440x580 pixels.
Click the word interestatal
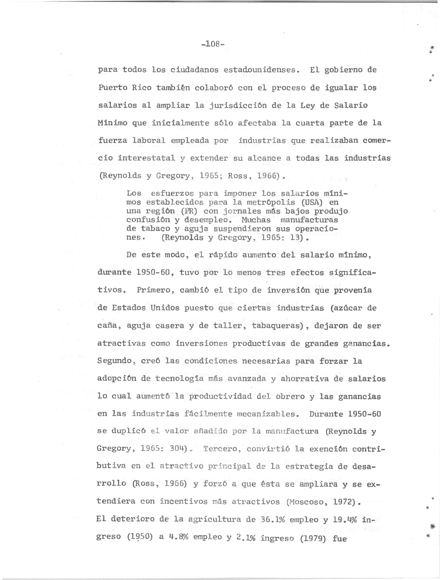[x=146, y=158]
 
